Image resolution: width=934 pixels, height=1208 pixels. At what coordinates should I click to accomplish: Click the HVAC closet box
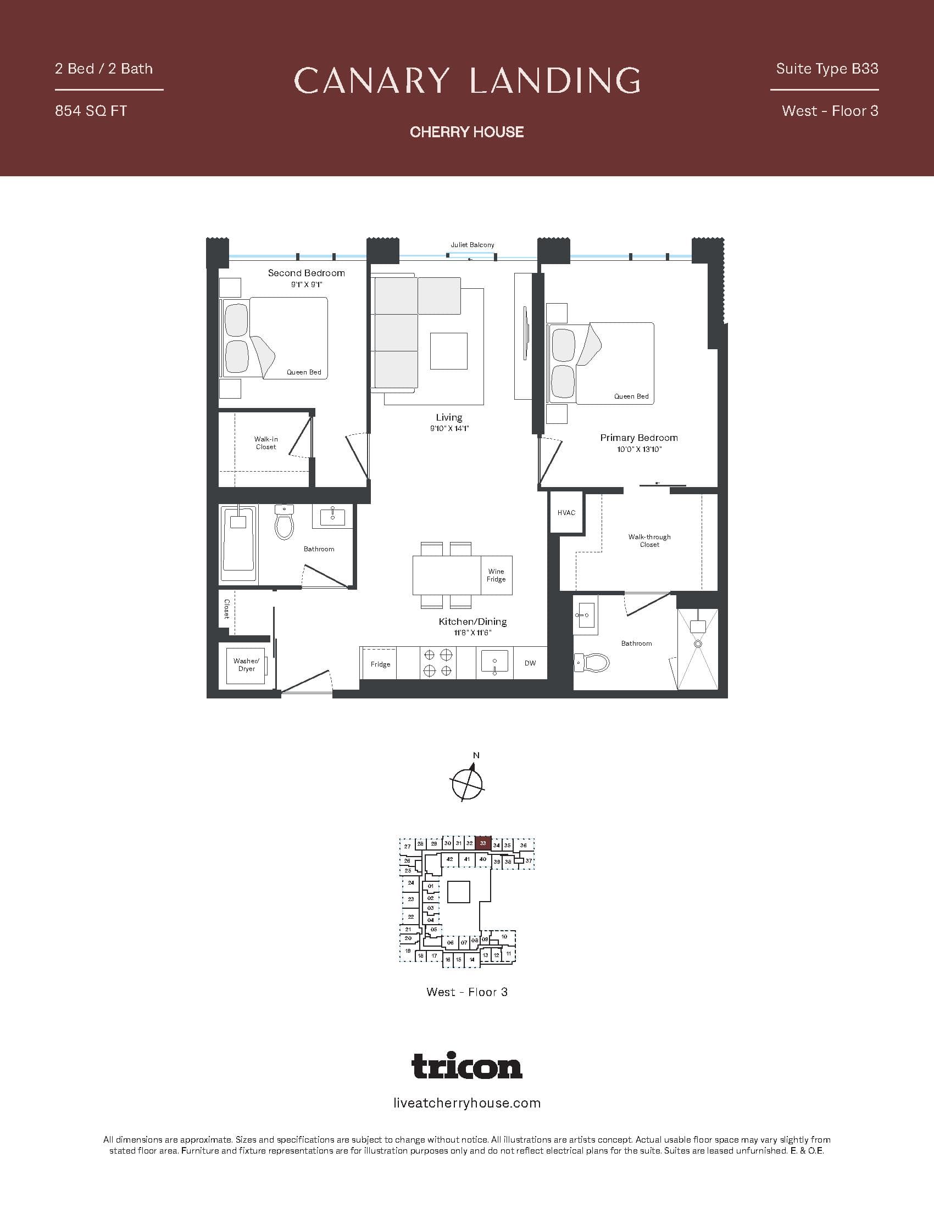point(566,513)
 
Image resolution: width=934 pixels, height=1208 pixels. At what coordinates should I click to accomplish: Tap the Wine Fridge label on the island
point(496,575)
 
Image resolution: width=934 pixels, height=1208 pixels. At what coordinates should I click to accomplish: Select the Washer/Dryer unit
point(246,665)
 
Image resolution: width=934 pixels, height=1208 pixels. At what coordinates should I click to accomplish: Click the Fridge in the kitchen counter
point(380,664)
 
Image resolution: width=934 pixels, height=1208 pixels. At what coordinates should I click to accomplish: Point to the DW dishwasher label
point(530,663)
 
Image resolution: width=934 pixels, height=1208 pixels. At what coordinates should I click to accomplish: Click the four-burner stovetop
point(438,663)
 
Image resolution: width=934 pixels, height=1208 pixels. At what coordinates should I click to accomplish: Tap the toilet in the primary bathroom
point(593,662)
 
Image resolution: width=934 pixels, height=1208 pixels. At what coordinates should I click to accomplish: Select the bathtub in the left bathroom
point(238,543)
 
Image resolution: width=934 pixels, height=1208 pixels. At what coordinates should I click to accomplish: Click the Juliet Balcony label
point(472,245)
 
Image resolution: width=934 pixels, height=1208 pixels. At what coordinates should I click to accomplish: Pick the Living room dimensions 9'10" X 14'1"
point(449,429)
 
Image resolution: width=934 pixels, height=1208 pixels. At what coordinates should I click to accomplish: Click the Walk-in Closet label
point(265,443)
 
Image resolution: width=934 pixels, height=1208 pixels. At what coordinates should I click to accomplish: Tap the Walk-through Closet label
point(649,540)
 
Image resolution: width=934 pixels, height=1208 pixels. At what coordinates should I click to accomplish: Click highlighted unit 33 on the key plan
point(483,843)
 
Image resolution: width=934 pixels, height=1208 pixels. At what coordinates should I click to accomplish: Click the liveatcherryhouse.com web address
point(466,1104)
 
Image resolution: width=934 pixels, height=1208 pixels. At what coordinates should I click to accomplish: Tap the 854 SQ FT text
point(91,111)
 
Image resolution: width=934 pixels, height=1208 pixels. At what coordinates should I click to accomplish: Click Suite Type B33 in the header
point(827,69)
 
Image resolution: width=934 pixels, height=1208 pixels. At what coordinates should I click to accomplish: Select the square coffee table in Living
point(448,351)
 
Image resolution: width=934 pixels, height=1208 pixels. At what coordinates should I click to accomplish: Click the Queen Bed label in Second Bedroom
point(304,372)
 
